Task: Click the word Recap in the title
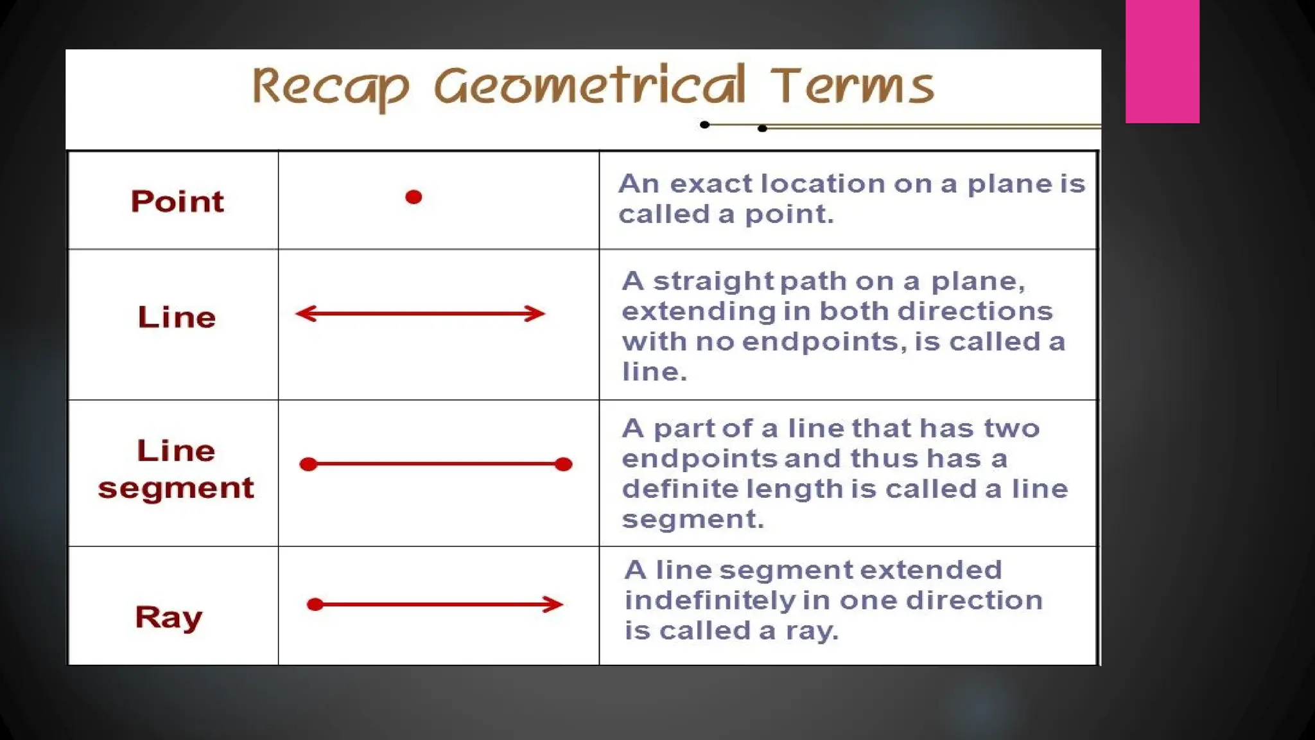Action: [330, 87]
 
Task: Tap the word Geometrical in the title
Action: [589, 86]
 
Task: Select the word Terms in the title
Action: [851, 86]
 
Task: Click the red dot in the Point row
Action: [414, 197]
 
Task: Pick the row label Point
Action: [177, 202]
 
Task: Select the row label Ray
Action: [168, 617]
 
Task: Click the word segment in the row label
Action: [176, 488]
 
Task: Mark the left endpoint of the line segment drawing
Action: [309, 464]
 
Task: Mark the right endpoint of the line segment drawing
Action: [563, 464]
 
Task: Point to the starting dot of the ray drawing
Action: [315, 604]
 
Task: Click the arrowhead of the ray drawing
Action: [555, 604]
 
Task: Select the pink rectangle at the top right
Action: [1162, 61]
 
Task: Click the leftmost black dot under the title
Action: [704, 125]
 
